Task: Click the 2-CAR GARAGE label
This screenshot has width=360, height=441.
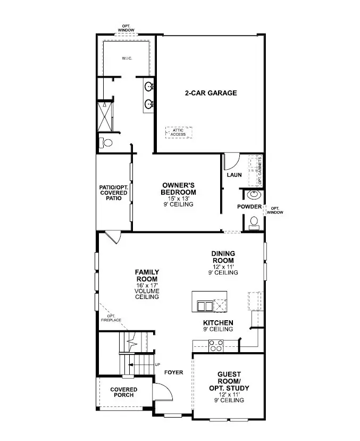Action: click(211, 93)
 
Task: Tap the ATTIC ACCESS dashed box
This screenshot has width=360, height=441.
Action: click(178, 132)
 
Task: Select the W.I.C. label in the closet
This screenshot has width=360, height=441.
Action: click(127, 59)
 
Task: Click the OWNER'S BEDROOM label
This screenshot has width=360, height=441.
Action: click(179, 189)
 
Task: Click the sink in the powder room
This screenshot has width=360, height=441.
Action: click(252, 195)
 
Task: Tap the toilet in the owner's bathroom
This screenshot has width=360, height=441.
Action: click(106, 143)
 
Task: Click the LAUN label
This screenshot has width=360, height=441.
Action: click(235, 174)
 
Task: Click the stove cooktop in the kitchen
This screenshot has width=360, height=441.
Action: click(216, 345)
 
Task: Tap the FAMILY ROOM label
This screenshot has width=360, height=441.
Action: click(147, 276)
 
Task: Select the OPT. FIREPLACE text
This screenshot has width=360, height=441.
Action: click(111, 318)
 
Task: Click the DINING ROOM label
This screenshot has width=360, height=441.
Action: click(223, 257)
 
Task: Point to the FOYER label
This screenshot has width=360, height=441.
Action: click(173, 372)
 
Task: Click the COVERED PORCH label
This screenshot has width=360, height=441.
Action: click(123, 393)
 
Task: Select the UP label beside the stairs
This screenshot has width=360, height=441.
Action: click(157, 364)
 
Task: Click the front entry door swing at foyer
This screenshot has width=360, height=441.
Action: click(164, 393)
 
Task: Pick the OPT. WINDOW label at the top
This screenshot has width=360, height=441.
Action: click(127, 28)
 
